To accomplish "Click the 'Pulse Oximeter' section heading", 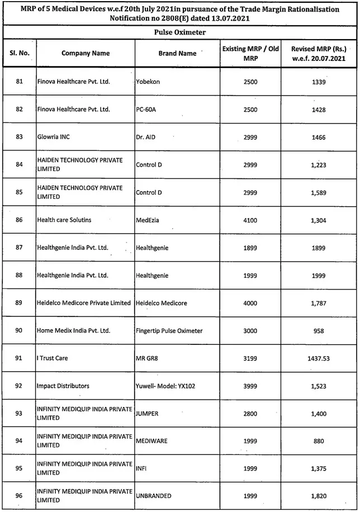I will coord(179,32).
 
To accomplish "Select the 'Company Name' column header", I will coord(86,54).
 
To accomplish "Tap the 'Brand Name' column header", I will coord(177,54).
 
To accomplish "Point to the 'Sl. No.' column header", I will coord(20,54).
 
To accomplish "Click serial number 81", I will coord(20,82).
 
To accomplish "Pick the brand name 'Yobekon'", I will coord(148,82).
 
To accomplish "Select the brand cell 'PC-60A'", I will coord(145,110).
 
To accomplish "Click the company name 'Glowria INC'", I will coord(53,137).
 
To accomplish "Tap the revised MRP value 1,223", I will coord(318,165).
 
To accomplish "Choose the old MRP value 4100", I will coord(250,220).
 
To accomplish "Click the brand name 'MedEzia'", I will coord(148,220).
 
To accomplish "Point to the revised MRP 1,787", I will coord(318,303).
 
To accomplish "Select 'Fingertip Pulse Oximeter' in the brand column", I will coord(169,331).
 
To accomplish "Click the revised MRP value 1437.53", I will coord(318,358).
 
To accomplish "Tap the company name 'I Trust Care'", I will coord(53,358).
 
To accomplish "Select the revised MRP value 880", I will coord(318,441).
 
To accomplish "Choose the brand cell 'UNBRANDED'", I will coord(154,496).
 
